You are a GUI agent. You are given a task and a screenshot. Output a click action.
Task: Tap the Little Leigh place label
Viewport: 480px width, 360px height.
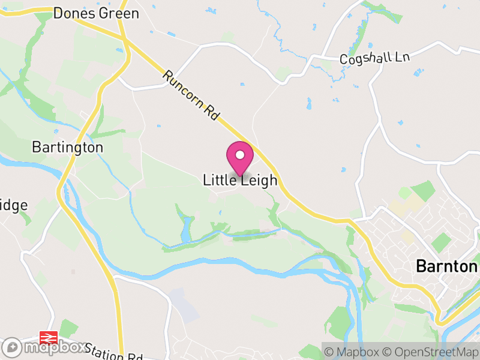click(x=240, y=180)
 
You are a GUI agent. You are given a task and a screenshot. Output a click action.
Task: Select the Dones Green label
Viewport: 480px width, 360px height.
click(x=96, y=13)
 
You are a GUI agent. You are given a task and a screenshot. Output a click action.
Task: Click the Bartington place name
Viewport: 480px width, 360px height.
click(x=67, y=147)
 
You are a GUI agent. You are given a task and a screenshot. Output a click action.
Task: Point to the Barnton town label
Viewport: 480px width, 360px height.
click(x=446, y=266)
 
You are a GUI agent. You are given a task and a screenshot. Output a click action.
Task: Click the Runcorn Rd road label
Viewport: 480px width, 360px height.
click(x=190, y=97)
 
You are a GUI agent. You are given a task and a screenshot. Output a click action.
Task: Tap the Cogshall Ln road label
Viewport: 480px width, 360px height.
click(x=374, y=59)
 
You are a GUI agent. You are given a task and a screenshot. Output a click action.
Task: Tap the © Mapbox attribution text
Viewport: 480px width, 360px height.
click(x=354, y=352)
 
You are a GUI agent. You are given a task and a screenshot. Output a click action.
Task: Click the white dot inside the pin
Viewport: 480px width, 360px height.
click(x=240, y=155)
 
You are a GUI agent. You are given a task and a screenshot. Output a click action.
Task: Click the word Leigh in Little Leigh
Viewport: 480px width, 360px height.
click(x=259, y=180)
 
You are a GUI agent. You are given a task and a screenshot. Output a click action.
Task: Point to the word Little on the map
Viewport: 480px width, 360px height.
click(x=220, y=179)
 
